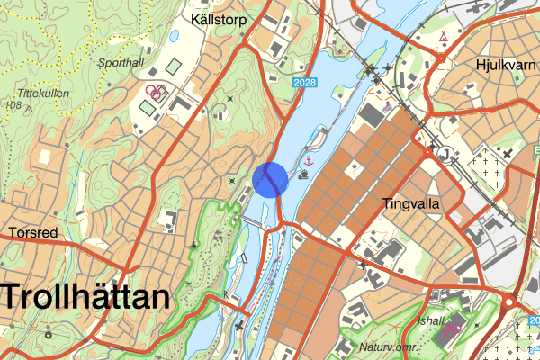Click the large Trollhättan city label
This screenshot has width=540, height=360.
(85, 297)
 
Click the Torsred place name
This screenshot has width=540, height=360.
(33, 233)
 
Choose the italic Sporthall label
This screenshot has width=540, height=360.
(121, 65)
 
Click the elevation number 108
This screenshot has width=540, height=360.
(13, 106)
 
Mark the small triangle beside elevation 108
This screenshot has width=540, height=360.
(29, 108)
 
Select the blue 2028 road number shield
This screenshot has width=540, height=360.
(306, 82)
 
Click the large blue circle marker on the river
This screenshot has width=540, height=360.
(270, 179)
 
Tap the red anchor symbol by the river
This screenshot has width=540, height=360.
(308, 161)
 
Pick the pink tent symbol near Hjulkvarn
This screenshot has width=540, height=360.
(445, 38)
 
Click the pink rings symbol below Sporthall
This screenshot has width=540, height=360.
(156, 90)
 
